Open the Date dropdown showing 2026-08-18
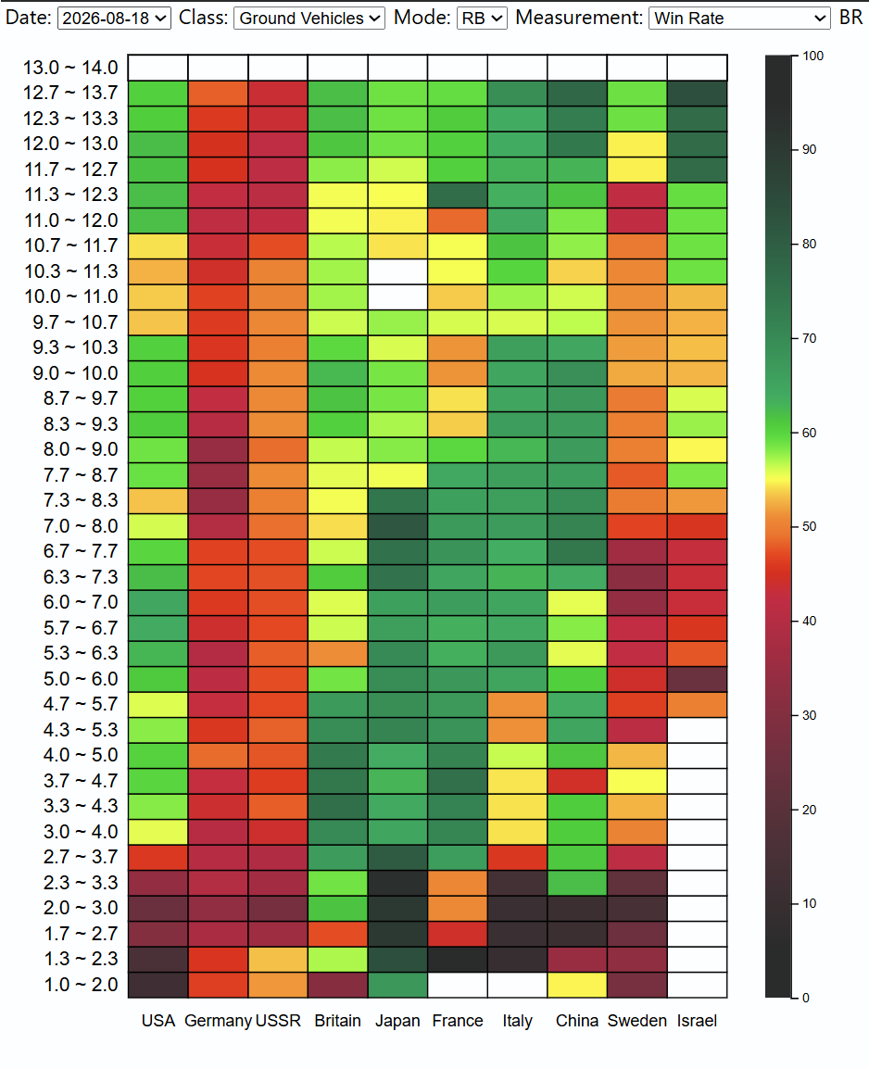[x=114, y=18]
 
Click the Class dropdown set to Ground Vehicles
[x=309, y=18]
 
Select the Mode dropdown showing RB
[x=481, y=18]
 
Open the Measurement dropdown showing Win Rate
[x=739, y=18]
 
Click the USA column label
[x=158, y=1021]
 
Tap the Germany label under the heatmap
[x=218, y=1021]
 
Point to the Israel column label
[x=697, y=1021]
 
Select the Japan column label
[x=397, y=1021]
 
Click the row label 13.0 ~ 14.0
[x=70, y=68]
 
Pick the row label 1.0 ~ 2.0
[x=81, y=985]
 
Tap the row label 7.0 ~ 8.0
[x=81, y=525]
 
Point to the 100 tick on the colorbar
[x=813, y=56]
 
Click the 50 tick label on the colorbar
[x=809, y=526]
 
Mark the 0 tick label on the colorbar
[x=806, y=998]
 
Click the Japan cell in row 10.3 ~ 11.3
[x=397, y=271]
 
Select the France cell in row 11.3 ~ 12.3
[x=458, y=195]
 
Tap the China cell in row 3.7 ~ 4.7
[x=576, y=781]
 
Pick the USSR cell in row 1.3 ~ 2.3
[x=278, y=960]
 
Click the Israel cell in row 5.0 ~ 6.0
[x=697, y=679]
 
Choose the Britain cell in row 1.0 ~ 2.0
[x=337, y=985]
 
